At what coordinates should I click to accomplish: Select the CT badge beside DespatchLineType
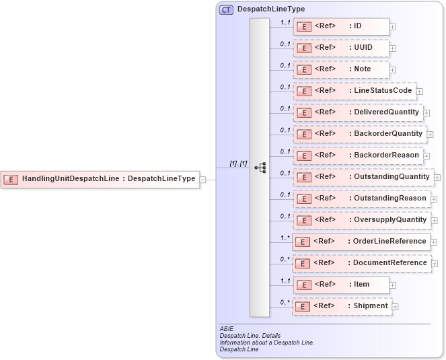pyautogui.click(x=226, y=9)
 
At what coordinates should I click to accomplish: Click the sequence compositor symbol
pyautogui.click(x=260, y=168)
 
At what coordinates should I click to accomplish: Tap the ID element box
pyautogui.click(x=340, y=26)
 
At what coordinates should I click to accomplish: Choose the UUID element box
pyautogui.click(x=340, y=48)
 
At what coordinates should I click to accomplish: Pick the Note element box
pyautogui.click(x=340, y=69)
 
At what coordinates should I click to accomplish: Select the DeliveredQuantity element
pyautogui.click(x=357, y=112)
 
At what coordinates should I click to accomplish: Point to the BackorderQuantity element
pyautogui.click(x=359, y=134)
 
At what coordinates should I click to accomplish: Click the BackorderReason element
pyautogui.click(x=357, y=155)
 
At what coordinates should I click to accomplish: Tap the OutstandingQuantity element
pyautogui.click(x=363, y=177)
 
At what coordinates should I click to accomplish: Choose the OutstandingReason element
pyautogui.click(x=361, y=199)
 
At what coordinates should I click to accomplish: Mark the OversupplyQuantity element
pyautogui.click(x=361, y=220)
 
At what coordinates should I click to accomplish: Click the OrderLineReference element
pyautogui.click(x=361, y=242)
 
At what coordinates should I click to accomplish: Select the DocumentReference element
pyautogui.click(x=361, y=263)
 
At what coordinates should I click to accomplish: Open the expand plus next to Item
pyautogui.click(x=393, y=285)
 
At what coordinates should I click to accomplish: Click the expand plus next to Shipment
pyautogui.click(x=395, y=307)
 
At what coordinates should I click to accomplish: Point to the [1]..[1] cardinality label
pyautogui.click(x=238, y=163)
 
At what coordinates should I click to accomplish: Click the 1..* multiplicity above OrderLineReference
pyautogui.click(x=285, y=237)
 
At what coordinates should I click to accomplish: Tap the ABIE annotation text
pyautogui.click(x=226, y=329)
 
